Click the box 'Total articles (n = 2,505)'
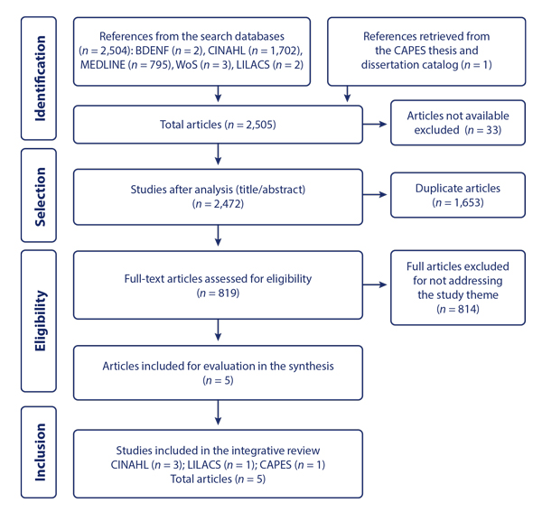tap(218, 126)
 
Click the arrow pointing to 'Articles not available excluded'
tap(376, 126)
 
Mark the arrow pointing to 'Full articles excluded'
tap(376, 285)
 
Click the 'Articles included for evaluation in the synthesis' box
tap(218, 372)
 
